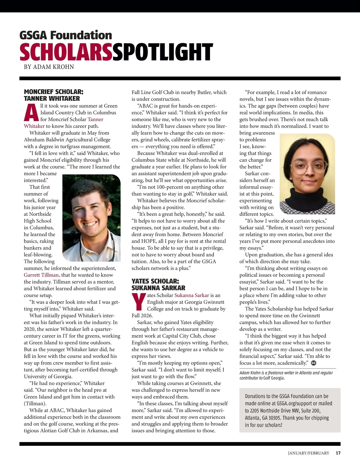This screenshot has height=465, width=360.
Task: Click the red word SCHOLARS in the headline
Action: point(66,52)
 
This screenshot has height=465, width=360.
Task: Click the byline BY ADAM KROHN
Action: point(49,67)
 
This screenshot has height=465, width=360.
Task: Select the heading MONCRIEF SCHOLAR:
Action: point(54,92)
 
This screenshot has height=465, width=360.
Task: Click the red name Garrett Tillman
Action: point(41,275)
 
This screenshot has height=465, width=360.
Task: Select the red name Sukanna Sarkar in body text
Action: point(192,295)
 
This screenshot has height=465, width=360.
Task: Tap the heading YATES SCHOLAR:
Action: point(155,281)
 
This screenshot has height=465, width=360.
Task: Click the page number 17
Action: point(338,453)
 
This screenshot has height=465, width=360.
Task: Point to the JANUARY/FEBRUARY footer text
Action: point(308,453)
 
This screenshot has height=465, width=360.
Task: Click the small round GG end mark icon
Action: point(314,363)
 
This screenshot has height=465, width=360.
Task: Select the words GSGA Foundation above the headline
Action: point(66,35)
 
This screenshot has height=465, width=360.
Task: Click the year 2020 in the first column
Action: point(30,329)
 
